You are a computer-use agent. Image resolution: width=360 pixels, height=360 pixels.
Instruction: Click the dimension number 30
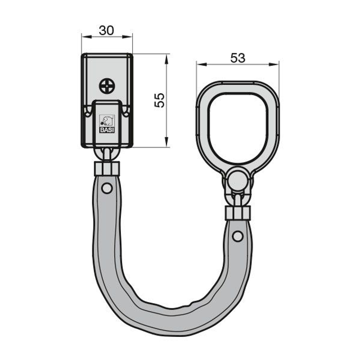(106, 30)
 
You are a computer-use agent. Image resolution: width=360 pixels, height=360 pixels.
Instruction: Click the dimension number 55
(160, 100)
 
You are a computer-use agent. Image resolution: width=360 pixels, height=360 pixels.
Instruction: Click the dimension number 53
(238, 58)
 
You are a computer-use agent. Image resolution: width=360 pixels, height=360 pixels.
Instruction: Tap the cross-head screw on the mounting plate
(107, 86)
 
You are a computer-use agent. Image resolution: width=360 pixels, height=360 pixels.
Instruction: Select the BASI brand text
(107, 130)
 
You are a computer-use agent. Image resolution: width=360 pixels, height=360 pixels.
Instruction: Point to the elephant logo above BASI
(107, 120)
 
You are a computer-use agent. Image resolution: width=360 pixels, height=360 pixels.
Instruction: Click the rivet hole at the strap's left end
(107, 188)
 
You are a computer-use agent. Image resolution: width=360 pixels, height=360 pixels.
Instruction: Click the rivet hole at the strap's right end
(237, 236)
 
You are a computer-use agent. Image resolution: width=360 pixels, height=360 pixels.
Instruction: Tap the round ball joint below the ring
(238, 180)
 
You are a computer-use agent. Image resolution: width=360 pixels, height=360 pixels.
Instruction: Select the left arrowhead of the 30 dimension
(87, 37)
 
